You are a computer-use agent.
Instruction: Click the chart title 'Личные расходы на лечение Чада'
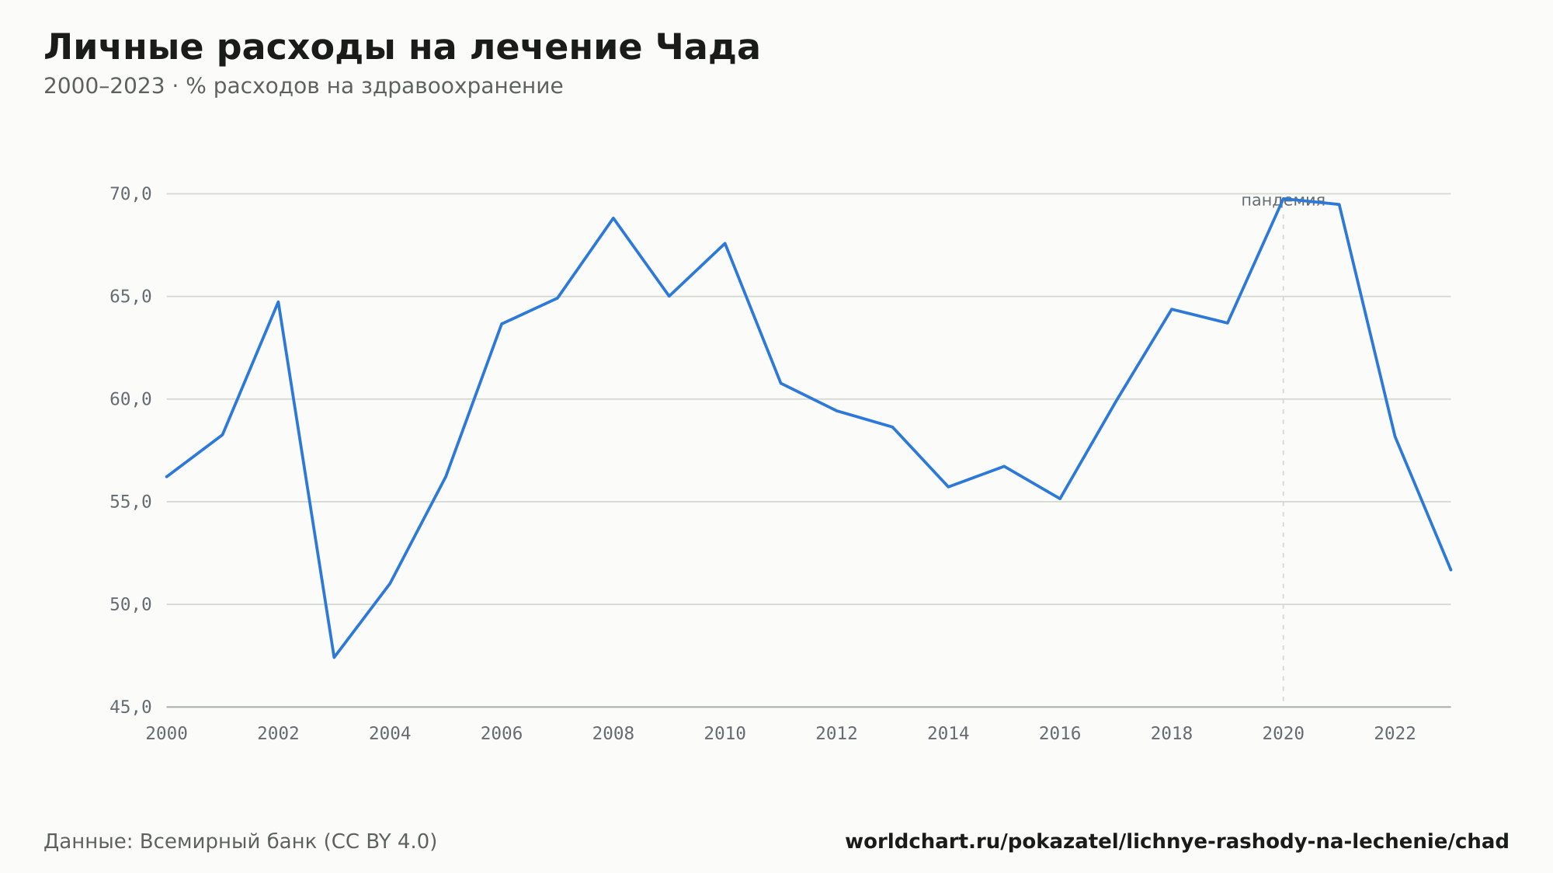[402, 47]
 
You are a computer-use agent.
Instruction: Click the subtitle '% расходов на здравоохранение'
[374, 86]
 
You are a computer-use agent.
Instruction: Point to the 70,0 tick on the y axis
[130, 194]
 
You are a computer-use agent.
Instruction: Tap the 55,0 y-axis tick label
[130, 502]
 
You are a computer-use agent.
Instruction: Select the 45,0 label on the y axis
[130, 707]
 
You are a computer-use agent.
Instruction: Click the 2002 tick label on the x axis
[278, 734]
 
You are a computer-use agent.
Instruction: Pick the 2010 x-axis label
[724, 734]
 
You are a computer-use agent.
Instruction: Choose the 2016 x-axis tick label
[1060, 734]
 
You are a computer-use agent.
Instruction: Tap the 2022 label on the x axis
[1395, 734]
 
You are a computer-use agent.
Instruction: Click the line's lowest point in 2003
[334, 658]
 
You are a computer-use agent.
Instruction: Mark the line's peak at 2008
[613, 218]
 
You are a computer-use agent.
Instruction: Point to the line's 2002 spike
[278, 301]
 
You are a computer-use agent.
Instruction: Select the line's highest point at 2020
[1284, 199]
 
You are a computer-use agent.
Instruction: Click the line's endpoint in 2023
[1451, 570]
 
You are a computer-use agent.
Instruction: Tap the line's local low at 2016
[1060, 499]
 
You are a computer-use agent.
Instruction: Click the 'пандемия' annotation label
[1283, 200]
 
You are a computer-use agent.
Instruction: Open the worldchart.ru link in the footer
[1176, 841]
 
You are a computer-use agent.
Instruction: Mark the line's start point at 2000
[167, 477]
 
